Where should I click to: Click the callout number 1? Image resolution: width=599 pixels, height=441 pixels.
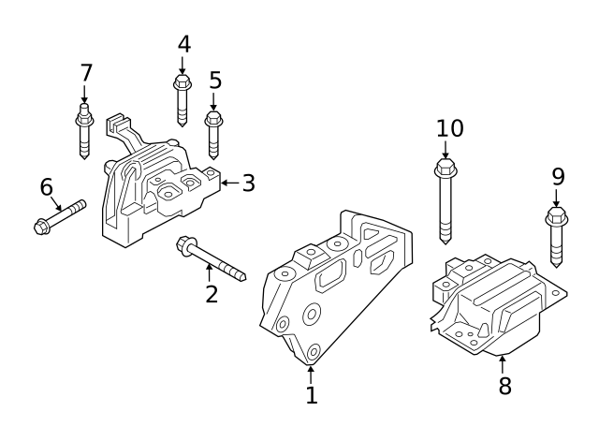click(x=312, y=396)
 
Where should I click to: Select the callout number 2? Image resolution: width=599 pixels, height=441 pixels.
click(x=212, y=294)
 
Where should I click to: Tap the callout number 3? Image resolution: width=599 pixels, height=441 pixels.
click(x=248, y=183)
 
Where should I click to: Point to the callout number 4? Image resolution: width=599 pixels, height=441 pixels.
click(x=183, y=44)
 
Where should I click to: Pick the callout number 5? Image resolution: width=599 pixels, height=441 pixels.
click(x=215, y=81)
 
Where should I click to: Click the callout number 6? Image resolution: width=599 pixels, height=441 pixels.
click(x=47, y=187)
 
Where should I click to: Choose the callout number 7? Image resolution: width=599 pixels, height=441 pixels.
click(x=86, y=72)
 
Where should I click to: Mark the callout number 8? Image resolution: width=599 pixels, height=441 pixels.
click(x=504, y=386)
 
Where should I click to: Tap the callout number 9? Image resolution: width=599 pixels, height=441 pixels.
click(x=558, y=175)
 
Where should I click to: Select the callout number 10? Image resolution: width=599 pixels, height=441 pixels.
click(x=449, y=127)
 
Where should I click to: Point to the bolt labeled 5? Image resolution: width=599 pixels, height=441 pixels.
click(x=213, y=135)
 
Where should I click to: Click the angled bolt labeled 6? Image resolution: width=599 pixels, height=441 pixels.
click(x=58, y=214)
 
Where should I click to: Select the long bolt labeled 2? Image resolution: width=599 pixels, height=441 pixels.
click(x=211, y=258)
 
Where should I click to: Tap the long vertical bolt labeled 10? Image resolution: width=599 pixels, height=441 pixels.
click(x=446, y=201)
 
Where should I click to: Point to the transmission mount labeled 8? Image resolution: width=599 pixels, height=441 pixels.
click(x=496, y=304)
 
